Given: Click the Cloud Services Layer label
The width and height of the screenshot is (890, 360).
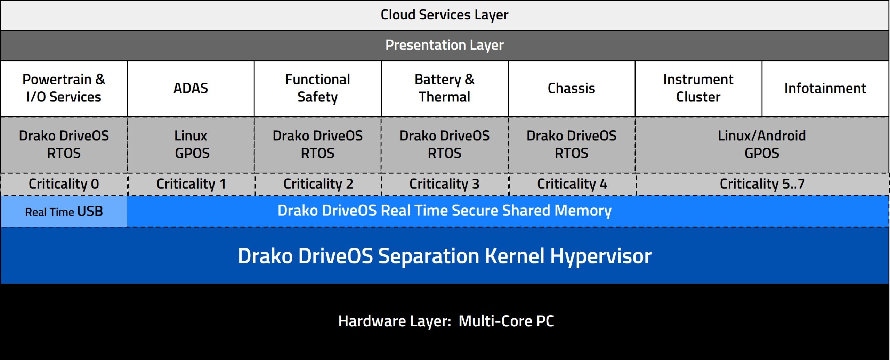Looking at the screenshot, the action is click(444, 15).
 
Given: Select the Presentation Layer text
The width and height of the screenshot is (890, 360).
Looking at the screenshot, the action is click(444, 45).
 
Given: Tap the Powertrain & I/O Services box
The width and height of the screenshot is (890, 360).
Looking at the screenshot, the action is click(64, 89).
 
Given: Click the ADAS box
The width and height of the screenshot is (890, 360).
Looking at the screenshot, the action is click(191, 89).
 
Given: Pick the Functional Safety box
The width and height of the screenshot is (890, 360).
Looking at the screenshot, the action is click(318, 89).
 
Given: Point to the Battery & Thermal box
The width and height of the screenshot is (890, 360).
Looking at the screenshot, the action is click(445, 89).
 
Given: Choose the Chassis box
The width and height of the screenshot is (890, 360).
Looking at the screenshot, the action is click(572, 89).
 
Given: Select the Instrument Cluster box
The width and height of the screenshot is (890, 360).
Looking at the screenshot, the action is click(698, 89).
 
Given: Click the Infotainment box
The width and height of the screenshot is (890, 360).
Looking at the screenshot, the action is click(825, 89).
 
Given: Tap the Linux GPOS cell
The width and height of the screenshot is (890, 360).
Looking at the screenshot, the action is click(191, 145).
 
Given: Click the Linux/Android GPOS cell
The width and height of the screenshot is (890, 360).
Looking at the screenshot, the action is click(762, 145).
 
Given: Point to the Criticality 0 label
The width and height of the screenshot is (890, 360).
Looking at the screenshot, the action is click(64, 184).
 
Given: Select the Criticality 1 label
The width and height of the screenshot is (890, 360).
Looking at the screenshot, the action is click(191, 184).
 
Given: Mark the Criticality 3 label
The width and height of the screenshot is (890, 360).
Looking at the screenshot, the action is click(444, 184).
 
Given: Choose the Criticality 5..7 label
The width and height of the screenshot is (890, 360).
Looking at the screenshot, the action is click(762, 184).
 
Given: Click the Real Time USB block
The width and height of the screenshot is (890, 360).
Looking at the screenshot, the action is click(64, 212).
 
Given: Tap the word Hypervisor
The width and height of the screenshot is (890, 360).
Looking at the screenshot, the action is click(601, 256).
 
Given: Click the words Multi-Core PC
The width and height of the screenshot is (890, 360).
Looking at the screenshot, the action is click(506, 321).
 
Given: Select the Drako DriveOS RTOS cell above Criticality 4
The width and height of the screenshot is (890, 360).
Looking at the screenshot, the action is click(572, 145).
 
